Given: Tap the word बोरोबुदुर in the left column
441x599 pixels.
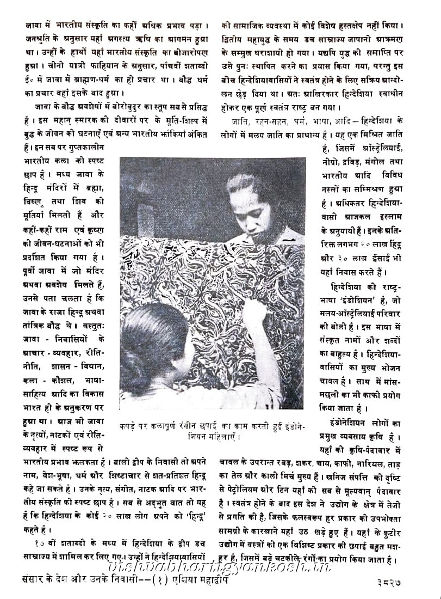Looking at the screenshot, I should pos(123,102).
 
